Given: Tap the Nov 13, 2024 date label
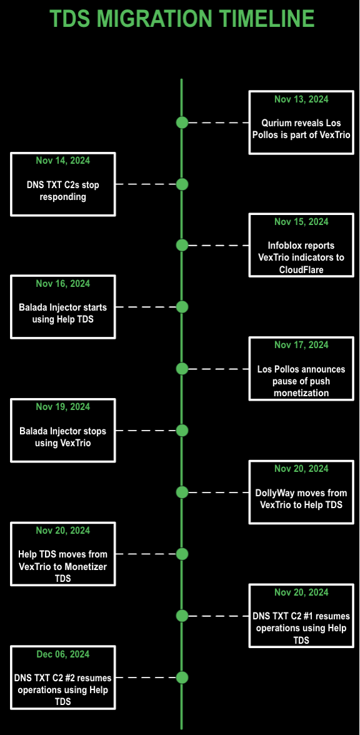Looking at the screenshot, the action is [x=301, y=99].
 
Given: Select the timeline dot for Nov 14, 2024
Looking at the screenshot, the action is [x=182, y=184].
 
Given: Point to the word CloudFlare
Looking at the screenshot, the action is [x=301, y=269].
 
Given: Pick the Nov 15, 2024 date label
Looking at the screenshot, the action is [x=301, y=221].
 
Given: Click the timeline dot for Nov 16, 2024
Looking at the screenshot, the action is [x=182, y=307].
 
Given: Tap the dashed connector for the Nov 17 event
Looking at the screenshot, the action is [x=219, y=369].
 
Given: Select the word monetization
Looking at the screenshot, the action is [x=301, y=392].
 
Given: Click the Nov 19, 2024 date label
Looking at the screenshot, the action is [x=62, y=407].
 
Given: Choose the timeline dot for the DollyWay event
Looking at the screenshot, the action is [x=182, y=492].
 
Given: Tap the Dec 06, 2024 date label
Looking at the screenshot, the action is [x=62, y=654].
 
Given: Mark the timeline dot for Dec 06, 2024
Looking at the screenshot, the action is [x=182, y=677].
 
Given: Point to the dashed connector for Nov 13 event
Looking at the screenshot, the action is [x=219, y=122].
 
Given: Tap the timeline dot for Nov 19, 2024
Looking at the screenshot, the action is [x=182, y=430].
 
